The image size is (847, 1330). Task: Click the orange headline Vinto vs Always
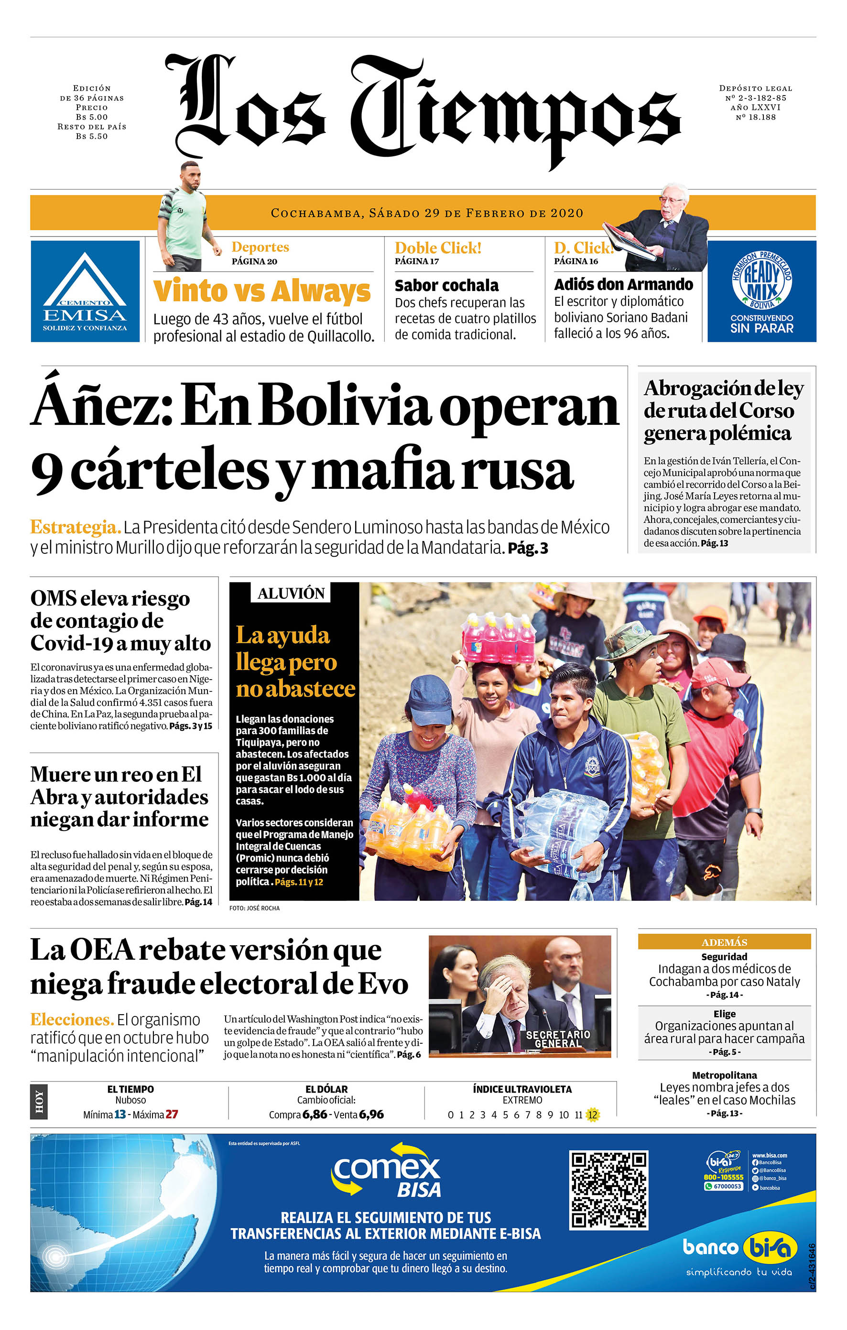pyautogui.click(x=261, y=291)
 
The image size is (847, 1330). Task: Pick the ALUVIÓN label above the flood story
pyautogui.click(x=291, y=593)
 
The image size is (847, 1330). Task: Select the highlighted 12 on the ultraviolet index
pyautogui.click(x=592, y=1114)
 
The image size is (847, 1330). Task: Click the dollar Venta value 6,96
pyautogui.click(x=371, y=1114)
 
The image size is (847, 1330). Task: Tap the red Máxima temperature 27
pyautogui.click(x=172, y=1114)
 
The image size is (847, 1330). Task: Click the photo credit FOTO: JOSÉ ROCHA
pyautogui.click(x=255, y=908)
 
